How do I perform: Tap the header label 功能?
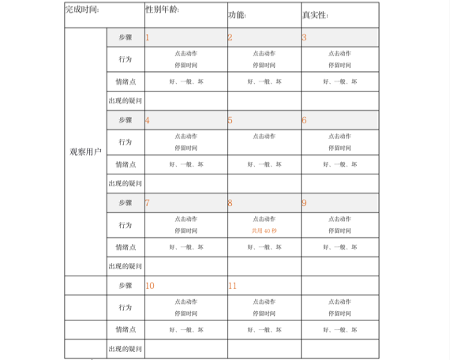coord(237,15)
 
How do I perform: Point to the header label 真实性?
coord(315,15)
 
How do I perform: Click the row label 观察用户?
coord(85,151)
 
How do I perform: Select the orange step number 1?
coord(148,37)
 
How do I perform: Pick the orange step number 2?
coord(230,37)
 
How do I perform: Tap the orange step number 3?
coord(304,37)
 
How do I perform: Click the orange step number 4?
coord(148,120)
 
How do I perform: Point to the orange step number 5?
coord(230,120)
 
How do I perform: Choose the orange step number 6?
coord(304,120)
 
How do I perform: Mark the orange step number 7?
coord(148,203)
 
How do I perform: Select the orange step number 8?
coord(230,203)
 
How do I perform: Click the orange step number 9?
coord(304,203)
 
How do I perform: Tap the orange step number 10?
coord(150,286)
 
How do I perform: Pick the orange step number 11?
coord(232,286)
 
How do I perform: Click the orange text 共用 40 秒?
coord(264,231)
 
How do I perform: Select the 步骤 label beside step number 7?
coord(125,203)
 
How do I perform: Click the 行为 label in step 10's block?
coord(125,307)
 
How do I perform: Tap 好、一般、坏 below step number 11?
coord(264,330)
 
